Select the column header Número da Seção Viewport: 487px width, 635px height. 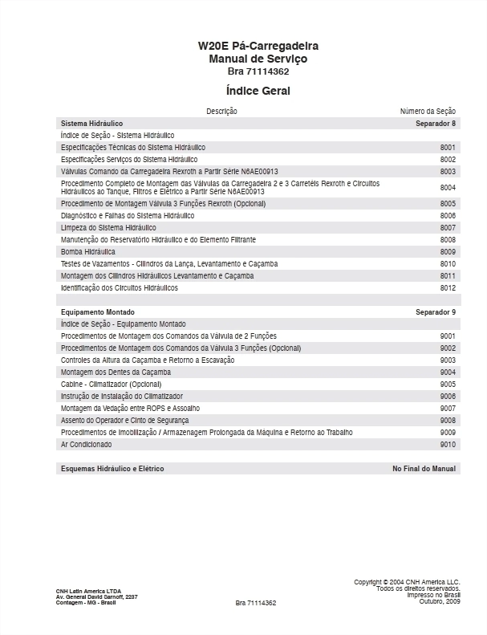click(428, 111)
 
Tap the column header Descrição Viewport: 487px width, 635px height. click(221, 111)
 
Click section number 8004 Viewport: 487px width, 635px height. click(448, 187)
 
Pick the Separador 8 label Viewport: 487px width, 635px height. click(436, 124)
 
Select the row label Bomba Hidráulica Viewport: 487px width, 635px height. click(88, 252)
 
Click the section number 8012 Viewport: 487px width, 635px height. click(448, 287)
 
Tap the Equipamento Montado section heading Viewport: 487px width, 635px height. click(98, 311)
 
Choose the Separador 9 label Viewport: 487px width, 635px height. click(436, 311)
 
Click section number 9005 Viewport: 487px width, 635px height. click(448, 385)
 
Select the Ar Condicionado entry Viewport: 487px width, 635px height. click(87, 444)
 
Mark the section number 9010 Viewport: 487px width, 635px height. click(448, 444)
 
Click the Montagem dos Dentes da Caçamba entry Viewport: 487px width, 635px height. click(116, 372)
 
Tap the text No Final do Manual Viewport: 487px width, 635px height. click(424, 468)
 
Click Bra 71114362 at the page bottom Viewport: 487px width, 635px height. click(256, 602)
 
